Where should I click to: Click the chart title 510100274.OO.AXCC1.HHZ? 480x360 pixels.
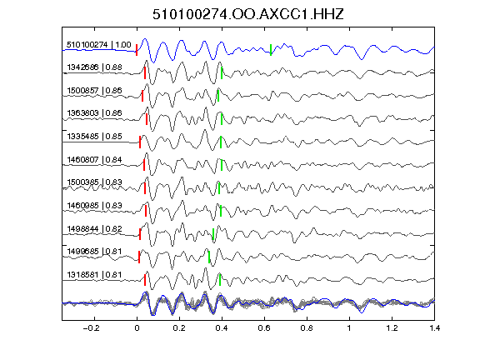[x=248, y=14]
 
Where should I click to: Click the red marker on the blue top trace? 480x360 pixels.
[x=137, y=50]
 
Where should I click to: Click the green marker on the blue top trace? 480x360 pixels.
[x=271, y=50]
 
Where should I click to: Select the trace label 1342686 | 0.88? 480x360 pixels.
[x=95, y=67]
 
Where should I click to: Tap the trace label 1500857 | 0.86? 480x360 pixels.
[x=95, y=91]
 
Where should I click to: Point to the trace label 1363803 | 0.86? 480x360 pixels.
[x=95, y=113]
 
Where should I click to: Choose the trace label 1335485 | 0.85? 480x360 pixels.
[x=95, y=137]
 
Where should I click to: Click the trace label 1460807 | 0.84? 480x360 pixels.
[x=95, y=160]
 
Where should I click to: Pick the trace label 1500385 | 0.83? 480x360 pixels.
[x=95, y=182]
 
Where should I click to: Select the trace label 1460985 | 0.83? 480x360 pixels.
[x=95, y=205]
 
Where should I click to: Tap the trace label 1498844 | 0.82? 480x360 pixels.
[x=95, y=229]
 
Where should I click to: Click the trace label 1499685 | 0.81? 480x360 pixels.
[x=95, y=252]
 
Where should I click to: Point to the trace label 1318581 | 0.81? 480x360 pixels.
[x=95, y=275]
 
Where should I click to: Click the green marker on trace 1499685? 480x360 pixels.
[x=209, y=257]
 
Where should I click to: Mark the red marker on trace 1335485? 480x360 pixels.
[x=140, y=142]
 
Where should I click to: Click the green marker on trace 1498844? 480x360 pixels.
[x=213, y=234]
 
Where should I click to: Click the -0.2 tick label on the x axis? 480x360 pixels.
[x=92, y=328]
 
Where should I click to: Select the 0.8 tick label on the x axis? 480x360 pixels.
[x=307, y=328]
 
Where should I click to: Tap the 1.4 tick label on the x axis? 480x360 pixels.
[x=434, y=328]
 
